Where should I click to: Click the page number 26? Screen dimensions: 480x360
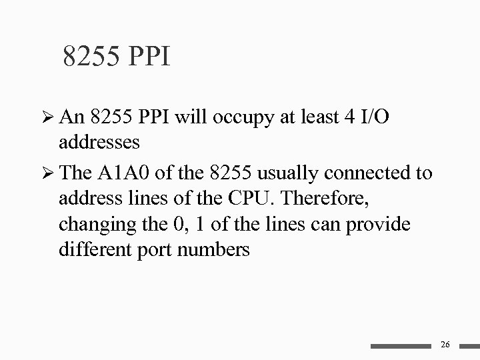tap(446, 344)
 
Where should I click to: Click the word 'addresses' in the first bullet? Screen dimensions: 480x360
tap(99, 143)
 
